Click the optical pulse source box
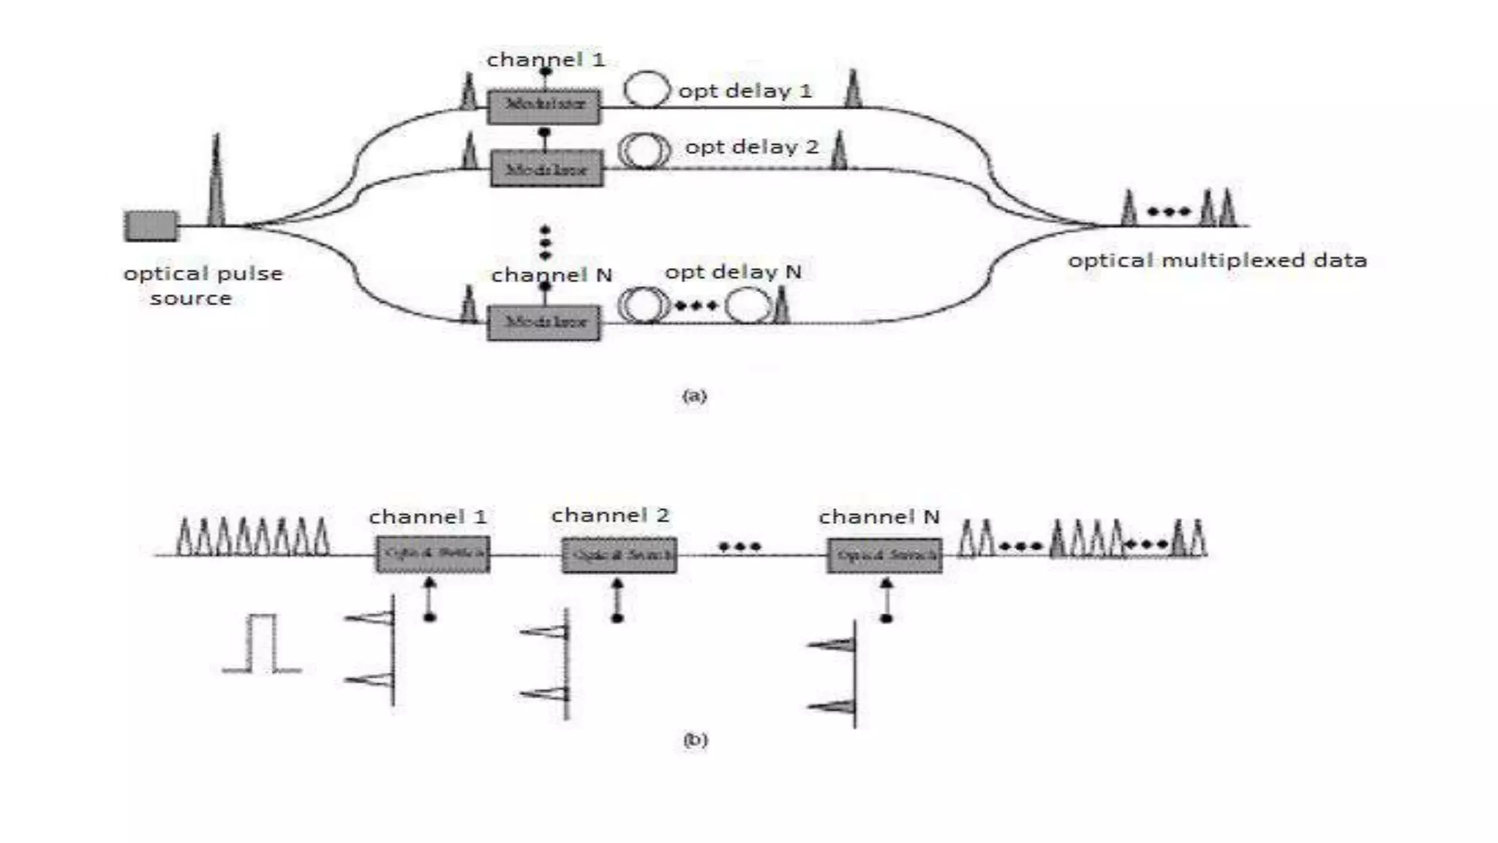(151, 225)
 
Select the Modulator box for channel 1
(544, 106)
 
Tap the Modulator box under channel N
(544, 323)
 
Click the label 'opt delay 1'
(745, 91)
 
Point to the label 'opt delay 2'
(751, 147)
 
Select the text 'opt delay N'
(733, 272)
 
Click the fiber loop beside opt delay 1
(647, 89)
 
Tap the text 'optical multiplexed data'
(1217, 261)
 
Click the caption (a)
(694, 396)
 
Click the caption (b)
(695, 740)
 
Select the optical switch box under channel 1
(433, 555)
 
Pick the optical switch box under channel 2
(619, 555)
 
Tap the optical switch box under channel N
(884, 555)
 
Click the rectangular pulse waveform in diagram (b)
(262, 644)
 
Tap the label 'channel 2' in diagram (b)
(610, 516)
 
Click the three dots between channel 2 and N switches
(739, 547)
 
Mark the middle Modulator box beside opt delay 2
(546, 169)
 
